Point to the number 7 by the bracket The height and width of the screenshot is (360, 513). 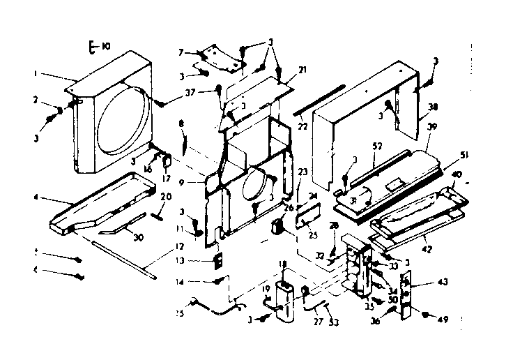181,52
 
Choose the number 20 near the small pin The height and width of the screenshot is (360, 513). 164,197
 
